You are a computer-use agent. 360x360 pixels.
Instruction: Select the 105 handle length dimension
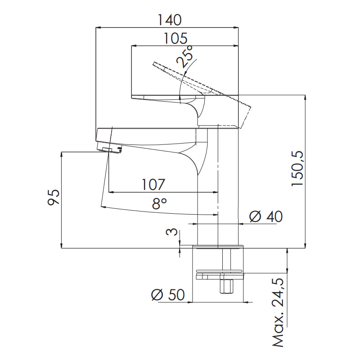(x=175, y=38)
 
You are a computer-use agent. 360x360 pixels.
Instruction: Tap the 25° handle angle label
(x=186, y=56)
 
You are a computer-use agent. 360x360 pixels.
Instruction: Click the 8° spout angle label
(x=159, y=203)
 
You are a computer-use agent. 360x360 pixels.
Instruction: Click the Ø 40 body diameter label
(x=265, y=217)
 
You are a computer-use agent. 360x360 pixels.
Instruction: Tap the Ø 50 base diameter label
(x=168, y=295)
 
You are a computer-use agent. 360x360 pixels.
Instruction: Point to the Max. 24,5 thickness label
(x=278, y=313)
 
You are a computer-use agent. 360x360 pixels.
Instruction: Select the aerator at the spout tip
(x=112, y=150)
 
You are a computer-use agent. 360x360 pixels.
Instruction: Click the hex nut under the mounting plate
(x=225, y=287)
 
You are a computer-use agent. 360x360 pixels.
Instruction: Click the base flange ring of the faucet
(x=218, y=247)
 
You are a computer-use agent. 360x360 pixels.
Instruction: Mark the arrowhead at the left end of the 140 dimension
(x=99, y=28)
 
